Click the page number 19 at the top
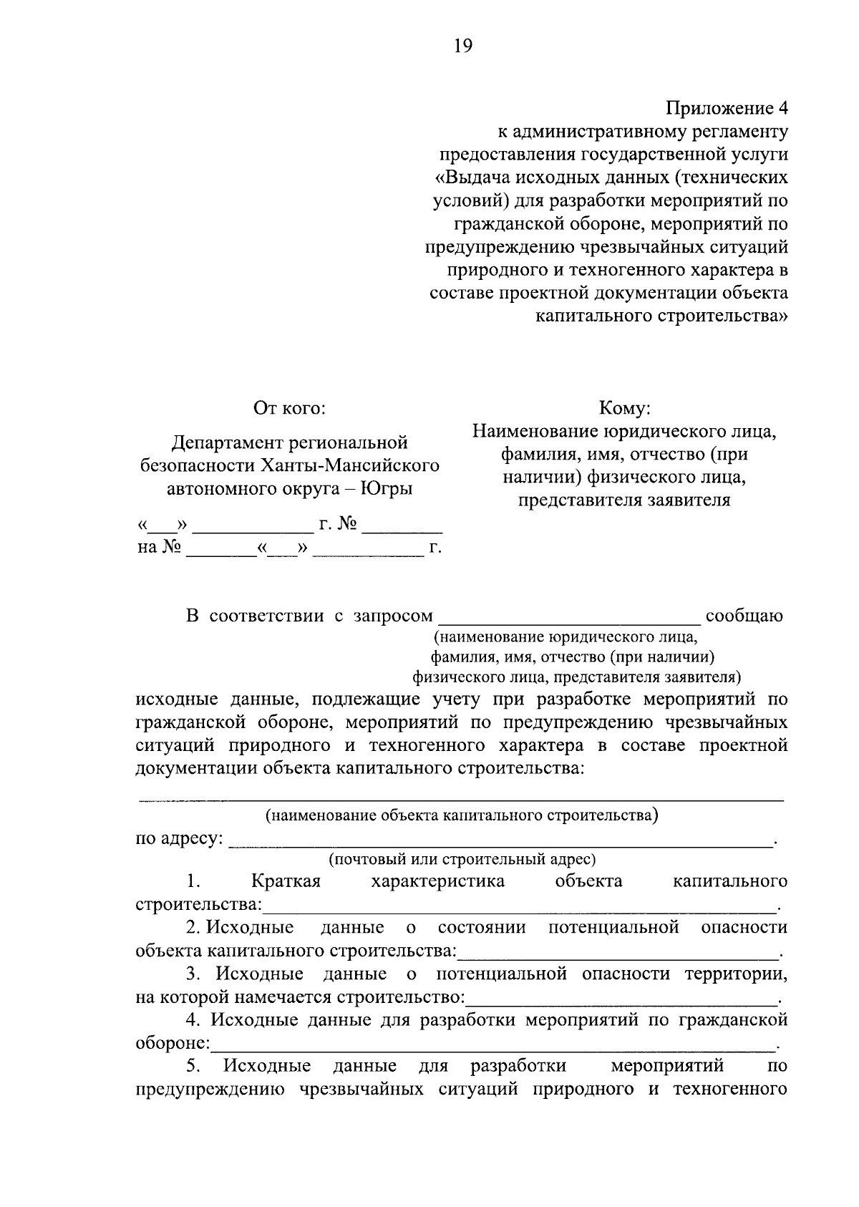pos(462,47)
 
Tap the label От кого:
pos(289,408)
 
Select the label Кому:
pos(624,408)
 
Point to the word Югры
pos(387,489)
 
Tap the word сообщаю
pos(744,616)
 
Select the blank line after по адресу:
pos(501,843)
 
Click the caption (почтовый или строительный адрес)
pos(462,859)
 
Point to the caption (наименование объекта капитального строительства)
pos(462,815)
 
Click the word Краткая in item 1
pos(286,881)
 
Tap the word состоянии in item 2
pos(482,929)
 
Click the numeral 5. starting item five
pos(193,1066)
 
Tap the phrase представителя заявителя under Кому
pos(624,500)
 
